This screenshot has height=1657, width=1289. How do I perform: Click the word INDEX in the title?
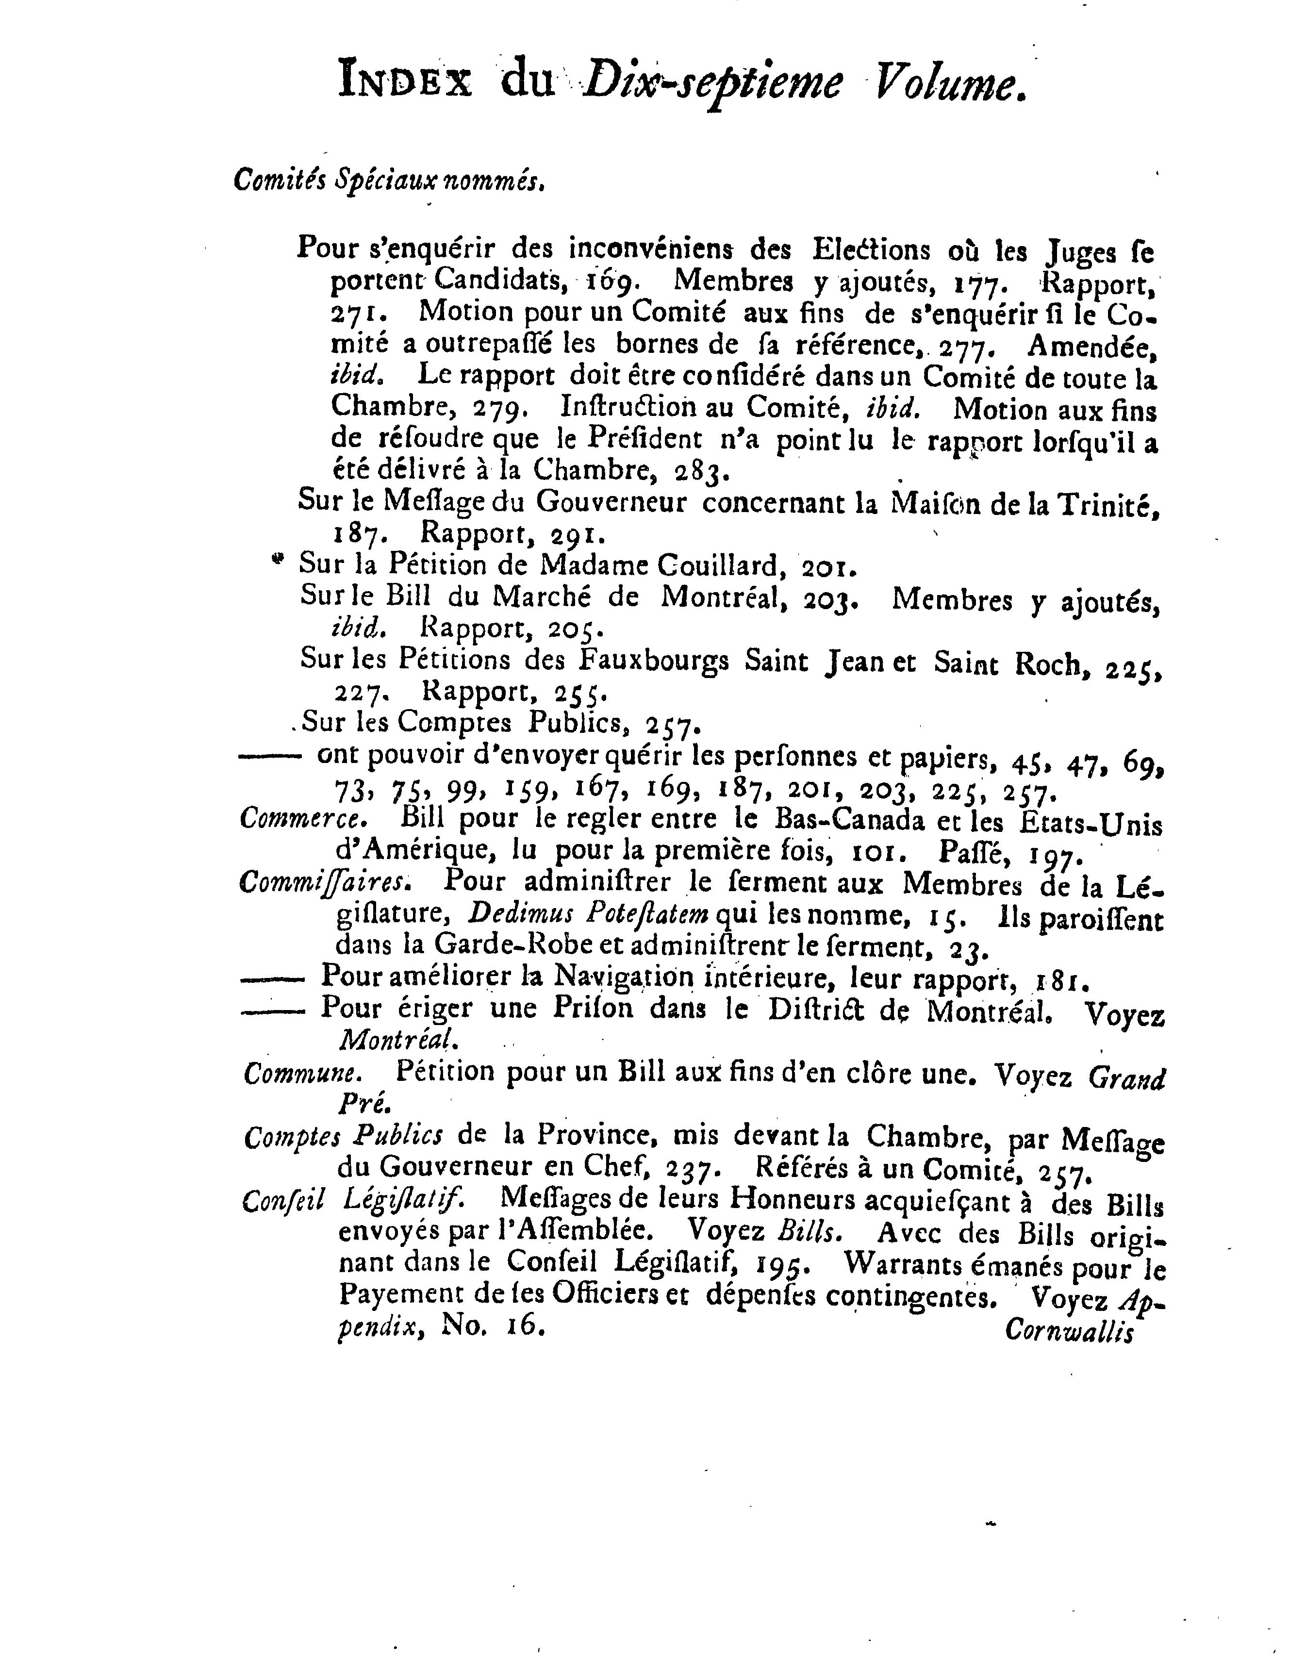[x=406, y=83]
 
